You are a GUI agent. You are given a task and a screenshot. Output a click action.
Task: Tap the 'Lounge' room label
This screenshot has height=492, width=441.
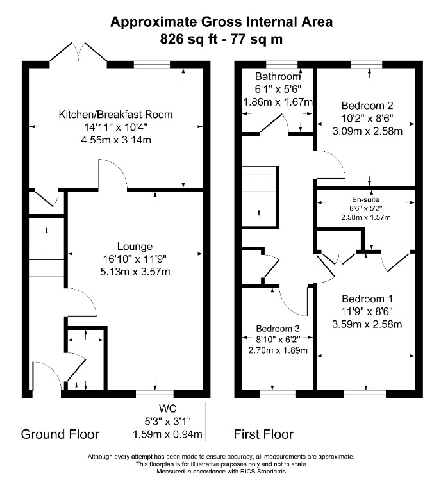click(135, 247)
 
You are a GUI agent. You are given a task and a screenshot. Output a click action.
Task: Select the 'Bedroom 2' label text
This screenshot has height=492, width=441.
click(367, 106)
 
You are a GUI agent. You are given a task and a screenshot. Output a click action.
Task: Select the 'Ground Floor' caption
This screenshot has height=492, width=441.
click(60, 434)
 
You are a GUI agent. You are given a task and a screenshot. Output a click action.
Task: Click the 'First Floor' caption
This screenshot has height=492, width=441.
click(263, 434)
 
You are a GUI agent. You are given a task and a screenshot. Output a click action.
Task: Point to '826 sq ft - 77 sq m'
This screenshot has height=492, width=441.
click(221, 38)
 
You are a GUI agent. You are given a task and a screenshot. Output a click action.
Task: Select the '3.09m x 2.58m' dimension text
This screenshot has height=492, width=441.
click(367, 132)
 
